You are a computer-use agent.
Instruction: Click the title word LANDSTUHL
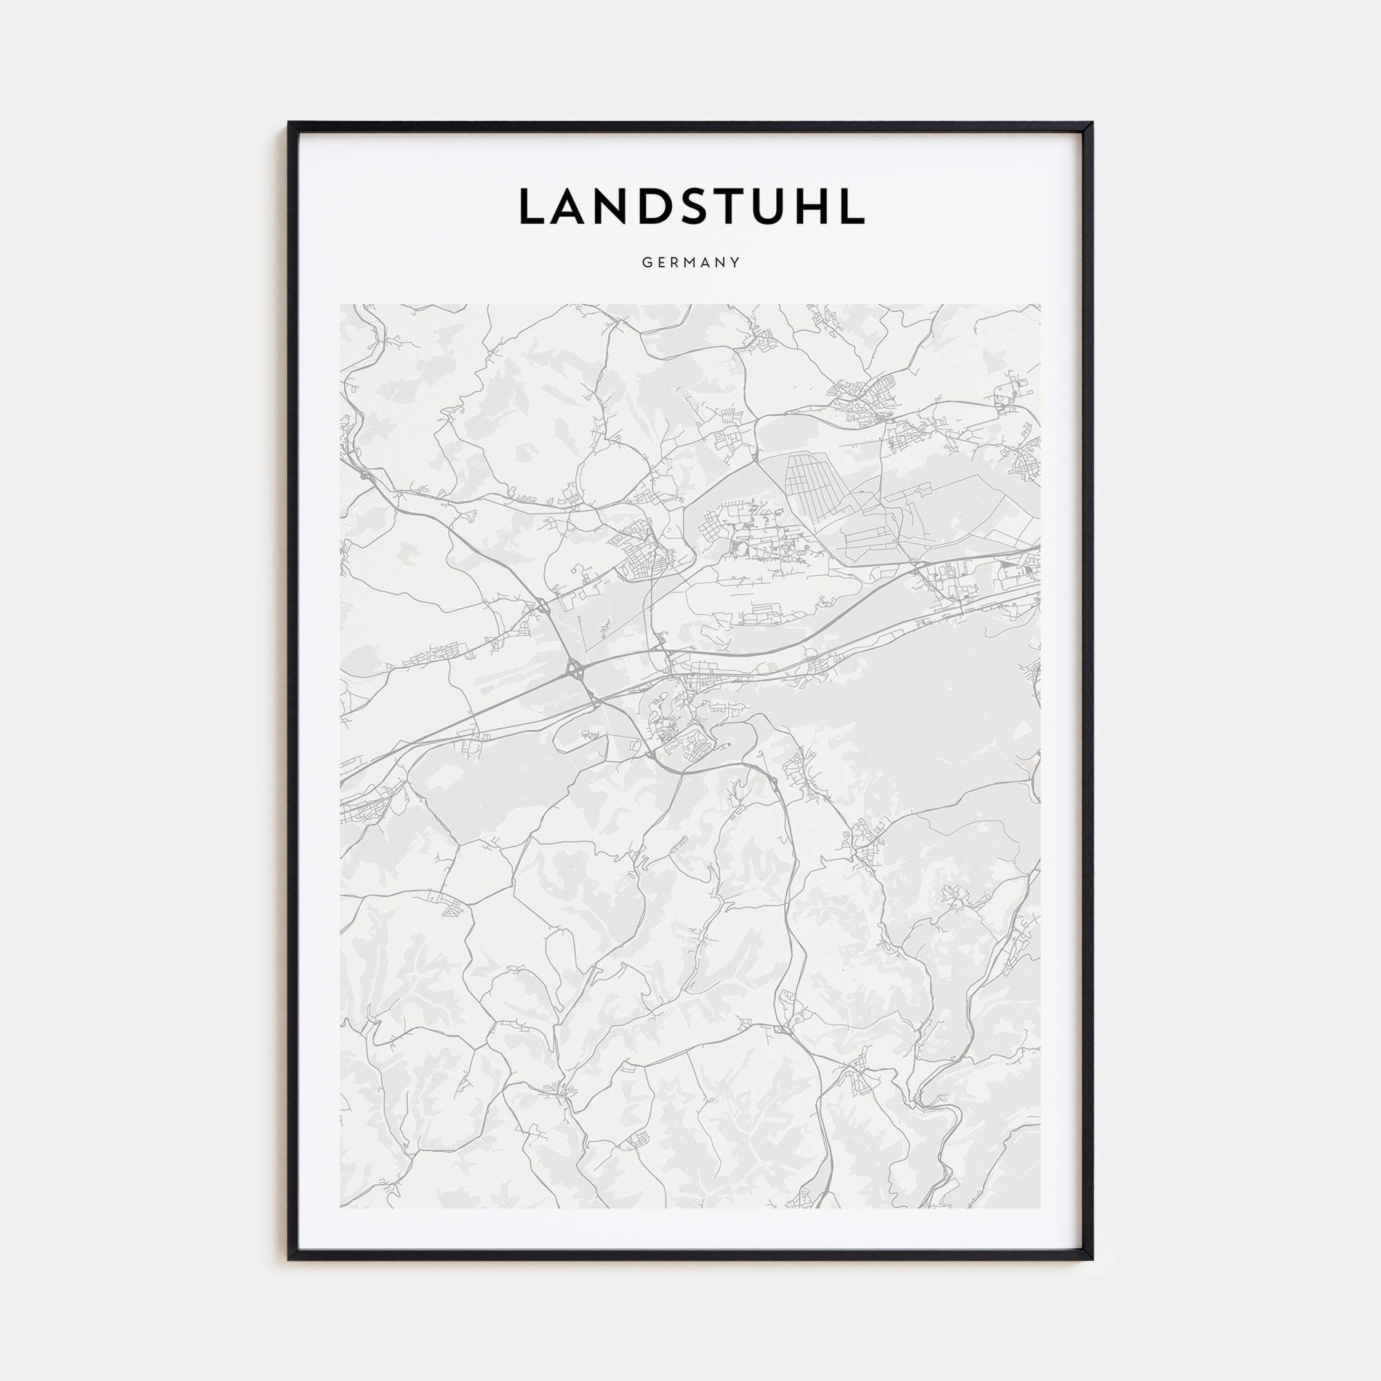pos(690,206)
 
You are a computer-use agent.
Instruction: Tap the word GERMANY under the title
pos(690,262)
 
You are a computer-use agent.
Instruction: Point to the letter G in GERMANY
pos(646,262)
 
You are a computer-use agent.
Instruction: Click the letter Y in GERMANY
pos(735,262)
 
